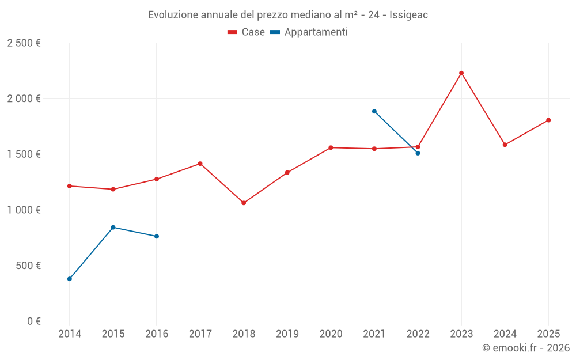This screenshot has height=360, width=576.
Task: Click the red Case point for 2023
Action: click(461, 73)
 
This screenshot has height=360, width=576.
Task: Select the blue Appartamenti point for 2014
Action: click(70, 279)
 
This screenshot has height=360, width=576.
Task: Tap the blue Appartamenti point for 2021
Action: click(374, 111)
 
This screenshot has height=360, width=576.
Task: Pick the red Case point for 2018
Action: click(244, 203)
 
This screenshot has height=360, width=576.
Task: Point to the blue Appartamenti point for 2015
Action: click(113, 227)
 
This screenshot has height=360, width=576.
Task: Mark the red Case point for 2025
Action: click(548, 120)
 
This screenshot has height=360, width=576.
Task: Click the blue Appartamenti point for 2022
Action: click(418, 153)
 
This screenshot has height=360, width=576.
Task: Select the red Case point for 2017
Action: click(200, 164)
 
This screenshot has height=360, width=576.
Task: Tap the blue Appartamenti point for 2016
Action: click(157, 236)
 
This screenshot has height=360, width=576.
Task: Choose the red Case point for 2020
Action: click(331, 147)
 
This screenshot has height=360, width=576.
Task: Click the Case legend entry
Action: click(246, 32)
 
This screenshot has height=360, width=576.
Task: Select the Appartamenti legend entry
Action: click(309, 32)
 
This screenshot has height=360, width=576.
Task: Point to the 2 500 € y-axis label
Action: click(24, 43)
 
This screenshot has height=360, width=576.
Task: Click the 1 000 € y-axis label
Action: click(24, 210)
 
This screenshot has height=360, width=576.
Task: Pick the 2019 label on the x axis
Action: click(287, 334)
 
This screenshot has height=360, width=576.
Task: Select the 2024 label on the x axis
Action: click(505, 334)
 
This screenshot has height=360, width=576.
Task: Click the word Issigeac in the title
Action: click(408, 15)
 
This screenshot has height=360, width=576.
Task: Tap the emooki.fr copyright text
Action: click(525, 348)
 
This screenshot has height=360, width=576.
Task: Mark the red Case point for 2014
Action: click(70, 186)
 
